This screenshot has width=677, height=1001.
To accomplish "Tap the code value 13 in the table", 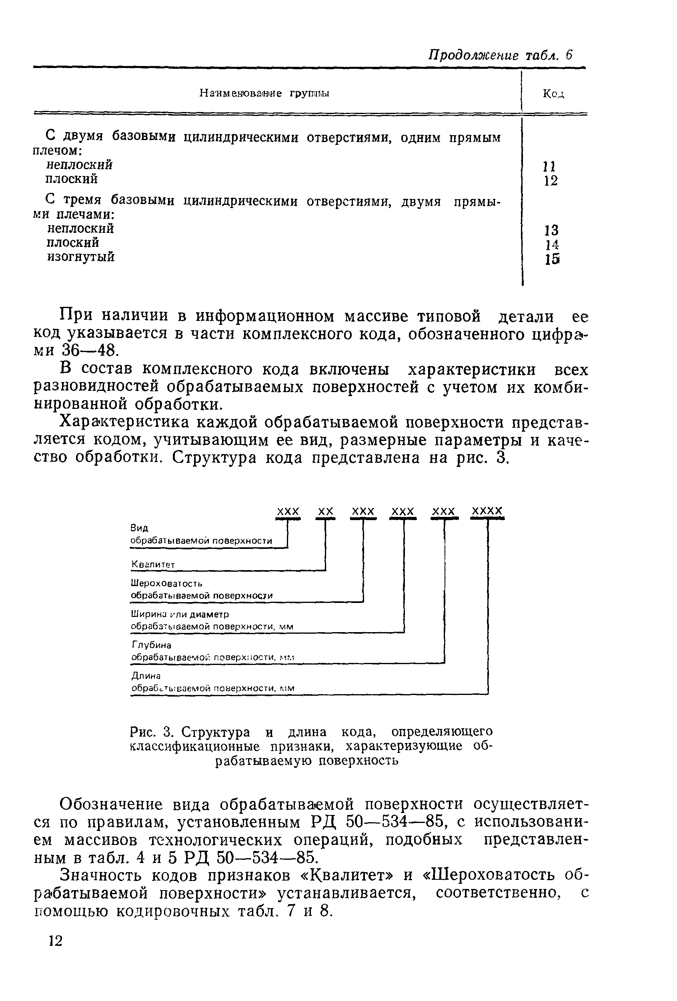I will pos(551,230).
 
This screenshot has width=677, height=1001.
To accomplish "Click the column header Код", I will pos(553,94).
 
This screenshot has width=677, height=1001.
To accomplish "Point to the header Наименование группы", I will pos(264,94).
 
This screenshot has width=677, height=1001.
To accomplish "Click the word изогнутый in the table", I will pos(80,257).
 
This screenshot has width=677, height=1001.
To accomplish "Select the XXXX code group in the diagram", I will pos(487,511).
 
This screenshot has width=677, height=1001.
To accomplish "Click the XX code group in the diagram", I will pos(326,511).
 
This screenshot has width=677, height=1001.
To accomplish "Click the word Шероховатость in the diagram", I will pos(166,583).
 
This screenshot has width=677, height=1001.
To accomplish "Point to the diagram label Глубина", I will pos(151,645).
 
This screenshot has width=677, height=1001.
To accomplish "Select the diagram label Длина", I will pos(146,676).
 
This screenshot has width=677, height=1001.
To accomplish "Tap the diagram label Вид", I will pos(140,528).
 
